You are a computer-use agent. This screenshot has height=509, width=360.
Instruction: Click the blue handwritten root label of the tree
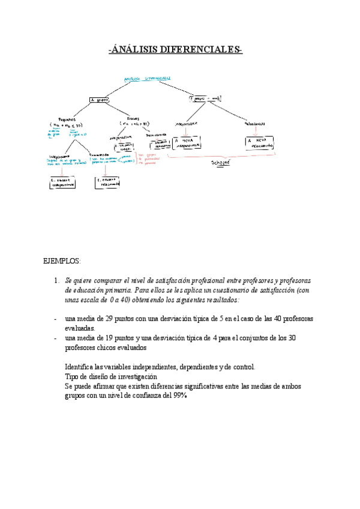[147, 78]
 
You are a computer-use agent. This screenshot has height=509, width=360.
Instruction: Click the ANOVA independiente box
[187, 143]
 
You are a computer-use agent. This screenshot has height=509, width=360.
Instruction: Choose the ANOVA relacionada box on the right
[262, 143]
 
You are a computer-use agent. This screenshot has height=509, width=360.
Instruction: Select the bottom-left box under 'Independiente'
[63, 182]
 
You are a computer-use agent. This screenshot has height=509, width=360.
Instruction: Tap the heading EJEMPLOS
[62, 261]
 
